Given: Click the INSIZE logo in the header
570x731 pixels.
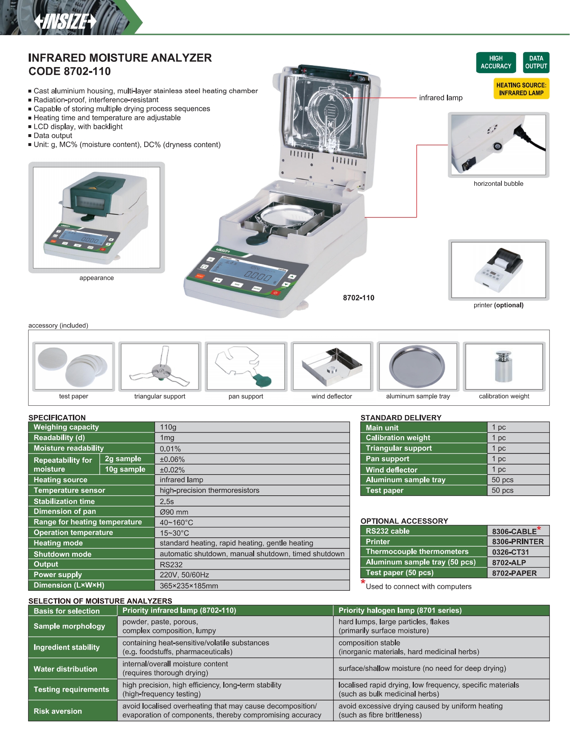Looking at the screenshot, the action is tap(65, 21).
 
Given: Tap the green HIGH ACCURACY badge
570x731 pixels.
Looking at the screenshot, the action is tap(496, 62).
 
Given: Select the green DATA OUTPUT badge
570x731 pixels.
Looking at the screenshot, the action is tap(536, 62).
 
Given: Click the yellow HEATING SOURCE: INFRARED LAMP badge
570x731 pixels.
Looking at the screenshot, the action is tap(521, 89).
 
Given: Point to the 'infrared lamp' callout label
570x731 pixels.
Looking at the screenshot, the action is tap(440, 98).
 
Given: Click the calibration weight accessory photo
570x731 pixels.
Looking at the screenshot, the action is tap(504, 366).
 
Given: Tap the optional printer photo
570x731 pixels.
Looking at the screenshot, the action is tap(499, 270).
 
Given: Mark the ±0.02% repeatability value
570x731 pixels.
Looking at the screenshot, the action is tap(172, 470).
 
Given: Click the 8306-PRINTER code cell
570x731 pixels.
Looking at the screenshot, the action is tap(518, 542).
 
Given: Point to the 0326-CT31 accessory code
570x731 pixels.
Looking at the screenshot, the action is tap(510, 552).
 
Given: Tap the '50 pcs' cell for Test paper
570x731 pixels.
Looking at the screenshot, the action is tap(503, 490).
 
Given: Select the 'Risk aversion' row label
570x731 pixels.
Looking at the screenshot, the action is tap(58, 711).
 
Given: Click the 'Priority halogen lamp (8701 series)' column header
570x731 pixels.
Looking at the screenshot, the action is tap(400, 610).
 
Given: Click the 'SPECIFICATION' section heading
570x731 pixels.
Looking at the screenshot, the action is tap(57, 418).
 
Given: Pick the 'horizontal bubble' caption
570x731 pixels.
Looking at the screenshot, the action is tap(498, 184).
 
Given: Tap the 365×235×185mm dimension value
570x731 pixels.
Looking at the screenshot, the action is tap(189, 586).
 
